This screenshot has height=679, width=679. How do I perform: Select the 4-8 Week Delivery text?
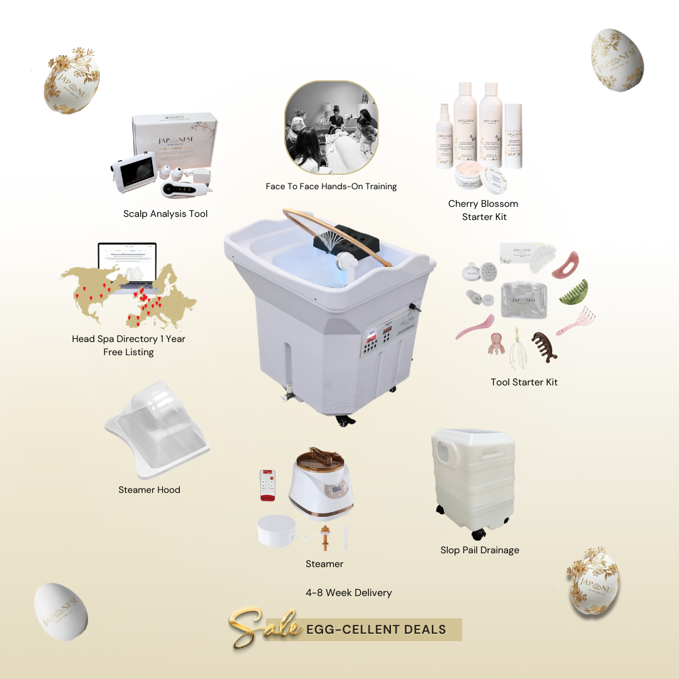348,592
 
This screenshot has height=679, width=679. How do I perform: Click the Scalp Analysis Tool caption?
165,214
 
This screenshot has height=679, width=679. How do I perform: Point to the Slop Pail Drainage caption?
480,550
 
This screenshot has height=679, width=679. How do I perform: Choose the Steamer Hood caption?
149,490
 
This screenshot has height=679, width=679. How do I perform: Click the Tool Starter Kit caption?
524,382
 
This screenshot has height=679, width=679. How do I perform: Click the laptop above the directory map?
127,264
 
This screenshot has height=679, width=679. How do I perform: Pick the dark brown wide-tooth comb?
544,346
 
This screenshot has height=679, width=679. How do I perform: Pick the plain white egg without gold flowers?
61,612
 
